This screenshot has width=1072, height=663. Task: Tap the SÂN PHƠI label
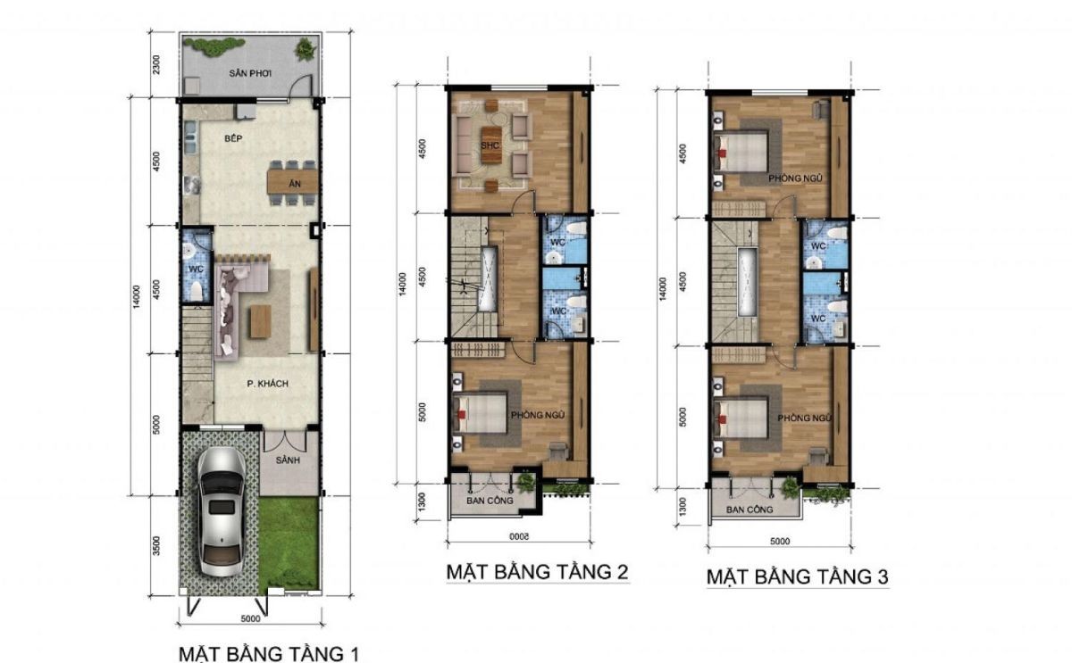250,73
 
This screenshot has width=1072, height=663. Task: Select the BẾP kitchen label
233,138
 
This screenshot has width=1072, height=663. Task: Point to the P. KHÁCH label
267,384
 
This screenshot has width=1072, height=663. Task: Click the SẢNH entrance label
288,460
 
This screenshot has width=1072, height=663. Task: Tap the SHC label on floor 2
490,145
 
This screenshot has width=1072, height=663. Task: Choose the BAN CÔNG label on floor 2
490,501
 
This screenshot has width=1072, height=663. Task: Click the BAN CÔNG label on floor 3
750,510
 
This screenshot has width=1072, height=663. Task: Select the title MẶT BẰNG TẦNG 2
537,572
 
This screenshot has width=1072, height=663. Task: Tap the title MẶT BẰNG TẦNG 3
797,577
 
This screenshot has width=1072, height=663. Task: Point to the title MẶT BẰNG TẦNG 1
269,653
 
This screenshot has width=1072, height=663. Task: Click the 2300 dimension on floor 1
156,64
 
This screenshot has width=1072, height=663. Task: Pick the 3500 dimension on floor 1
156,546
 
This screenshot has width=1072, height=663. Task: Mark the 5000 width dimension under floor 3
780,542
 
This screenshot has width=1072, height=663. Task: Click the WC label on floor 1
196,269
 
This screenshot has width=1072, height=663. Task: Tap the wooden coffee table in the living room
260,322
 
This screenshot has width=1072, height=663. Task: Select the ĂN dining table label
295,184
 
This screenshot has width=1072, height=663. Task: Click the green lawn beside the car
288,545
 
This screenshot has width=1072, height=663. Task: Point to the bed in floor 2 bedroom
480,413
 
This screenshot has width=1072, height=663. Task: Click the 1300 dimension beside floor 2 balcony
422,502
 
